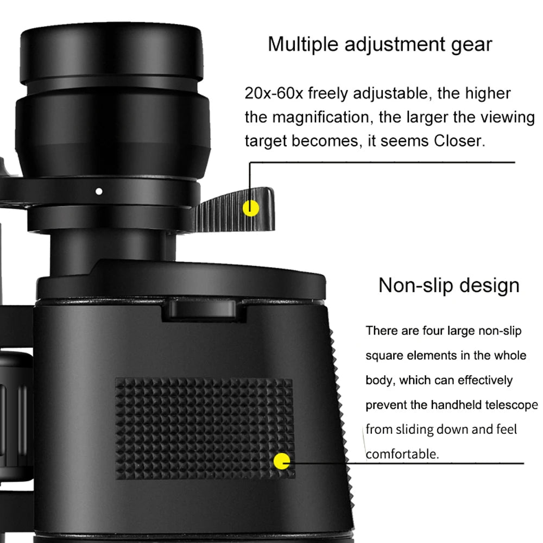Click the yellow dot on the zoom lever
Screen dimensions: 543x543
tap(250, 207)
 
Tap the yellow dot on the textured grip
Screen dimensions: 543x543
tap(282, 462)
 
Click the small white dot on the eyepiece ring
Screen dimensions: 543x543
tap(98, 191)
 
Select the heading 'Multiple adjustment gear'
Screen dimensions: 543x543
tap(380, 44)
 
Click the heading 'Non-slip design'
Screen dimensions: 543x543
tap(449, 285)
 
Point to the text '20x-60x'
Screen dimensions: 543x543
tap(274, 93)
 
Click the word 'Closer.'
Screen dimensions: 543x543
tap(458, 141)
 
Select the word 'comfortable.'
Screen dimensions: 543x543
tap(402, 453)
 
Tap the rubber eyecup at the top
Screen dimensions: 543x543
tap(111, 54)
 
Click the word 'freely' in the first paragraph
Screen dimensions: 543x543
tap(329, 93)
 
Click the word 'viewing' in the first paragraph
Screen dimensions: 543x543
tap(504, 117)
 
